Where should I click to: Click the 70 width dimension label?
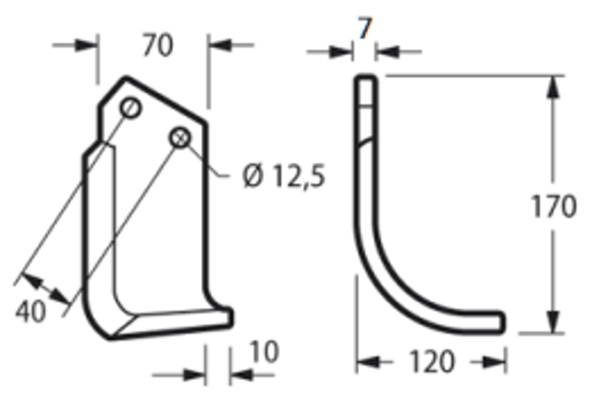pyautogui.click(x=157, y=45)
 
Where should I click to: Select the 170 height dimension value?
pyautogui.click(x=553, y=206)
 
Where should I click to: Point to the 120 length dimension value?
pyautogui.click(x=432, y=362)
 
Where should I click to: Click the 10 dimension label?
pyautogui.click(x=264, y=351)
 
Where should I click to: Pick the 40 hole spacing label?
pyautogui.click(x=31, y=311)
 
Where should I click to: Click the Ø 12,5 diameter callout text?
pyautogui.click(x=283, y=176)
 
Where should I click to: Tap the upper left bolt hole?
pyautogui.click(x=130, y=108)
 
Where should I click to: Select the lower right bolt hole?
pyautogui.click(x=180, y=137)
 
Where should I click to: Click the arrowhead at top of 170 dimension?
pyautogui.click(x=553, y=87)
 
